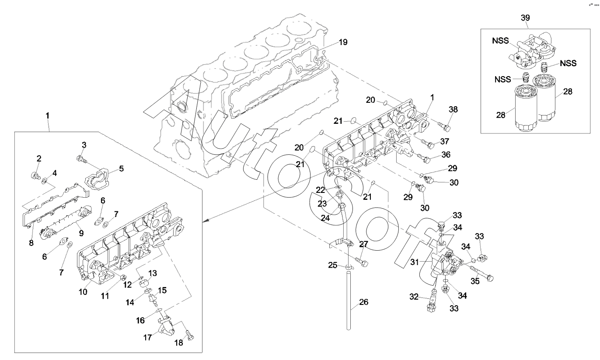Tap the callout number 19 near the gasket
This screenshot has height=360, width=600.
click(343, 42)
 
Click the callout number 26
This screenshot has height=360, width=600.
click(364, 302)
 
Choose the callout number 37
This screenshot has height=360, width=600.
click(444, 141)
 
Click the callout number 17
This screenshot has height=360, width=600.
click(148, 338)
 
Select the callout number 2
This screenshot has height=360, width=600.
click(39, 158)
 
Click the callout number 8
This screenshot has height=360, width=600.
click(31, 242)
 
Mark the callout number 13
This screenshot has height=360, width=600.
click(153, 273)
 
